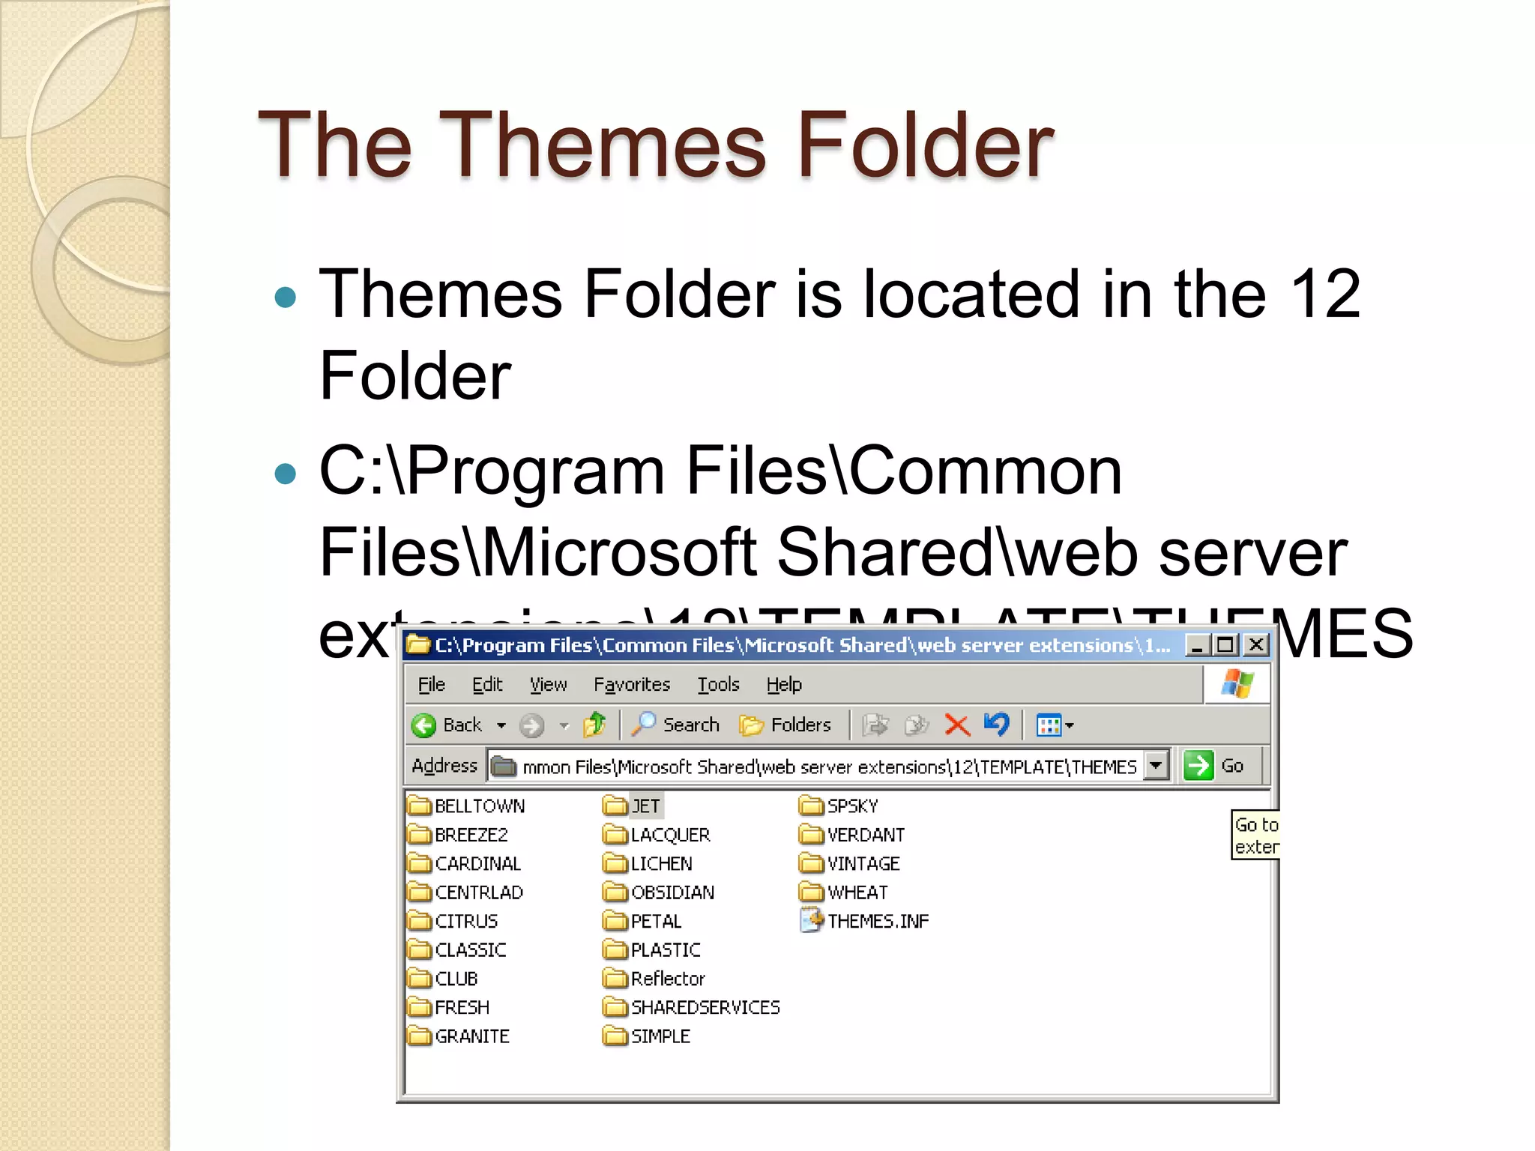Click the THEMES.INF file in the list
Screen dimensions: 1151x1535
877,921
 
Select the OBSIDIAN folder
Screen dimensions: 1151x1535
672,892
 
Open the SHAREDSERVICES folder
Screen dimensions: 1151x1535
705,1008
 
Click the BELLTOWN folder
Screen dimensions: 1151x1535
479,806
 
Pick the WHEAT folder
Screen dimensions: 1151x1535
857,892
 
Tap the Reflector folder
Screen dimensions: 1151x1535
667,979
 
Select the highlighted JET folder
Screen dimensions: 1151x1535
645,806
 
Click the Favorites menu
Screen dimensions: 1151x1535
631,684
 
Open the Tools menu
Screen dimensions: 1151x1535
718,684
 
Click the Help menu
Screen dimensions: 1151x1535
784,684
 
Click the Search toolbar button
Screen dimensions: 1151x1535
676,725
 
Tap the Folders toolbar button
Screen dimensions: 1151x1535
785,725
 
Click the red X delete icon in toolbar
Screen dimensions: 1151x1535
957,725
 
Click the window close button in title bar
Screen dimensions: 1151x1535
1256,644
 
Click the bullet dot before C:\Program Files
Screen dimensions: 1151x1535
286,474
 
